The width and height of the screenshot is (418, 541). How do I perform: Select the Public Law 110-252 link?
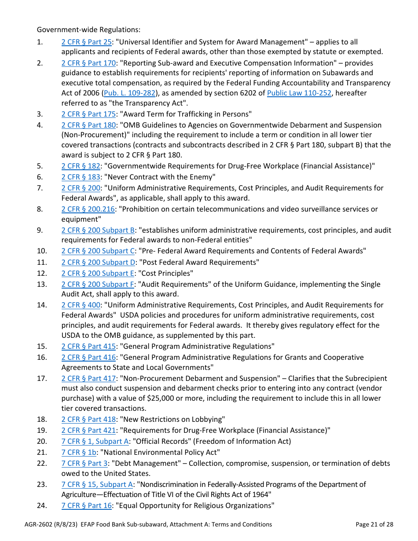(299, 93)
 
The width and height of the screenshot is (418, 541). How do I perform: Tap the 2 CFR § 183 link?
(81, 177)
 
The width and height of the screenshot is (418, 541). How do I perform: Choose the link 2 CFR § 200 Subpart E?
(98, 274)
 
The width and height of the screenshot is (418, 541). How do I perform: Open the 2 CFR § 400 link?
(81, 305)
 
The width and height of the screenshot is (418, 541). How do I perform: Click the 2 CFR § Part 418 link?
(88, 420)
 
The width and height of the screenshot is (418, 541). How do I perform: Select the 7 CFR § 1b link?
(79, 453)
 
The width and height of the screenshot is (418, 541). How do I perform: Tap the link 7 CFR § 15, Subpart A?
(97, 485)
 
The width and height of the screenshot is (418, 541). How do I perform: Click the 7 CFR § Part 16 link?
(87, 506)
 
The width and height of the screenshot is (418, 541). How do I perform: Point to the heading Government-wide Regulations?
(88, 30)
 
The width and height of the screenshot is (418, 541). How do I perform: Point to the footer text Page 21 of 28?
(374, 524)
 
